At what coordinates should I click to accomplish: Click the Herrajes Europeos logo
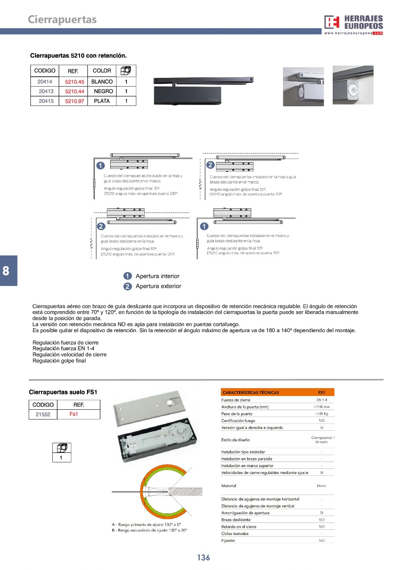click(x=353, y=24)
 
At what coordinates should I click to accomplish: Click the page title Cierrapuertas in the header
click(x=62, y=20)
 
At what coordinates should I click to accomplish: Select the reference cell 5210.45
click(x=75, y=82)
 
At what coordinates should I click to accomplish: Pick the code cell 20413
click(x=46, y=91)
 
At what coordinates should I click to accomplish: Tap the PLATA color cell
click(x=102, y=101)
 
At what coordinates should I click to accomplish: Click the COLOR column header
click(x=102, y=71)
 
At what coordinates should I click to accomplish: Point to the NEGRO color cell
click(x=103, y=91)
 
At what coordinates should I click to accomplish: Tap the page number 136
click(x=203, y=558)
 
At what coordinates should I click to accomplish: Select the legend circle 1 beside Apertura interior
click(x=127, y=276)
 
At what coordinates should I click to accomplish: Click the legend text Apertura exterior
click(x=158, y=286)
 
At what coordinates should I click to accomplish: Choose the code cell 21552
click(x=43, y=414)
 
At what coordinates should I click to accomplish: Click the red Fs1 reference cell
click(x=74, y=414)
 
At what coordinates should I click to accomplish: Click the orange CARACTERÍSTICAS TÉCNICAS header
click(x=251, y=392)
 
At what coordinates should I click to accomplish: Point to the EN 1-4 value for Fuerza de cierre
click(x=322, y=400)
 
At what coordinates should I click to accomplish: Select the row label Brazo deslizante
click(x=236, y=520)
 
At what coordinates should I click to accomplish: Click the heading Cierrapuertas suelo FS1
click(x=63, y=392)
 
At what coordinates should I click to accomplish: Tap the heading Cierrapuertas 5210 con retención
click(x=78, y=56)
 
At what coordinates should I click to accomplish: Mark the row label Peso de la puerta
click(x=237, y=414)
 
